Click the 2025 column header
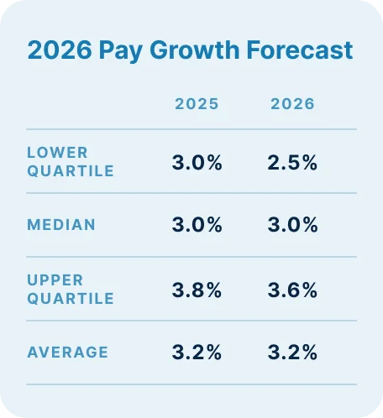(x=197, y=104)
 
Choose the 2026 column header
(x=292, y=104)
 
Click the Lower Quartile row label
(x=70, y=162)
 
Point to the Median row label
(x=60, y=225)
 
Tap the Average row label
(x=67, y=353)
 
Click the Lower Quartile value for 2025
(x=197, y=163)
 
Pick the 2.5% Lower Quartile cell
(x=292, y=163)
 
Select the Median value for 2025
(x=197, y=225)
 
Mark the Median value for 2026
(x=292, y=225)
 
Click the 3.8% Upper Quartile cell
(x=197, y=290)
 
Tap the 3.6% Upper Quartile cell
(x=292, y=290)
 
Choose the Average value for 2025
(x=197, y=353)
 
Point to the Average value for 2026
(x=292, y=353)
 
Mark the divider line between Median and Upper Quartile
(x=191, y=257)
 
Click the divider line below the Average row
(x=191, y=384)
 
